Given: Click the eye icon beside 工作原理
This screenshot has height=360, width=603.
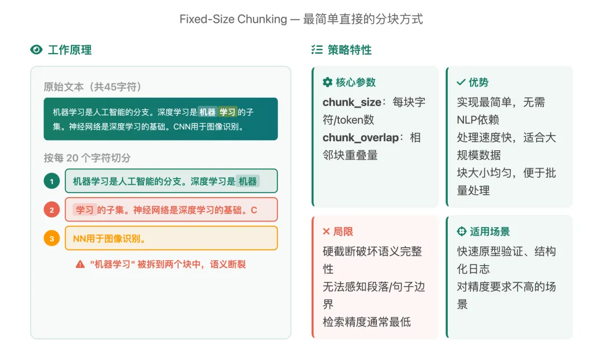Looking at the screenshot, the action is click(36, 50).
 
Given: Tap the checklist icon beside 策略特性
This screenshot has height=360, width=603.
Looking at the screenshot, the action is click(317, 50).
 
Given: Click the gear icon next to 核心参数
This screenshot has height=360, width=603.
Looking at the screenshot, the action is click(328, 82).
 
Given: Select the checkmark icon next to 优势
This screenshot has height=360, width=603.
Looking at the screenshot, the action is click(461, 82).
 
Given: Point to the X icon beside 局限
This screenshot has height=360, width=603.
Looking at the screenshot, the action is click(327, 231).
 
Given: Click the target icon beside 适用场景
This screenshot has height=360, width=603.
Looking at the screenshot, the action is click(461, 231).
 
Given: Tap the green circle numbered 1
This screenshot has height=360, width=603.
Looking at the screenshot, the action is click(52, 181).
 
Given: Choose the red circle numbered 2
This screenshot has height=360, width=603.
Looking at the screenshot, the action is click(52, 210).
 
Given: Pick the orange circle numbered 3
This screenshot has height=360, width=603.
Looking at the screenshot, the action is click(52, 239).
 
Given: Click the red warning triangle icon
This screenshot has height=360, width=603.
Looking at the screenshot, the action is click(80, 264).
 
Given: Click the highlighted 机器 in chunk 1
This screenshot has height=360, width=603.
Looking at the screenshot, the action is click(247, 181).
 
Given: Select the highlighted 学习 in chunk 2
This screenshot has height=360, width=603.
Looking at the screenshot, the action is click(85, 210).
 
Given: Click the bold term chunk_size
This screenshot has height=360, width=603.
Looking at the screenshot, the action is click(352, 102).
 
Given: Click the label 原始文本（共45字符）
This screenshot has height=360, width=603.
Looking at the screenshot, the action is click(93, 87).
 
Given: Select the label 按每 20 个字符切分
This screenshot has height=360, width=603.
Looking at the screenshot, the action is click(88, 158).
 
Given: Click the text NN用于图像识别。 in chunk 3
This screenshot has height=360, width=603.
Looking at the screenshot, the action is click(110, 239).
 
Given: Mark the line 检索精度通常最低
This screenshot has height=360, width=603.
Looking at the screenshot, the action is click(367, 321).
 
